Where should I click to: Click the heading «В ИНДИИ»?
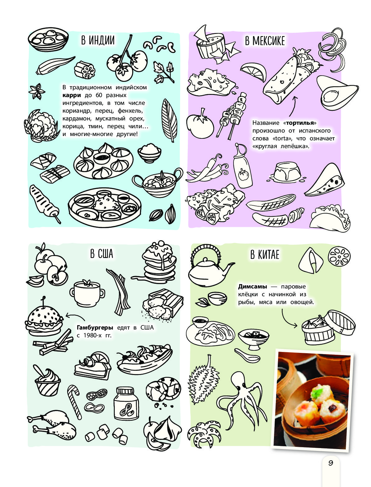(98, 40)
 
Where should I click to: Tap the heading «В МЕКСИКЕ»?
(265, 41)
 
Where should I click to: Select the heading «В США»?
(101, 254)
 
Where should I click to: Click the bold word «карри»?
(72, 95)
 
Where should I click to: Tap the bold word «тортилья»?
(300, 123)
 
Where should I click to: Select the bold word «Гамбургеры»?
(95, 327)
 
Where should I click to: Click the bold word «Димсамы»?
(253, 286)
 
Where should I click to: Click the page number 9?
(331, 463)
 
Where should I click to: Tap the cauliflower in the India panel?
(41, 125)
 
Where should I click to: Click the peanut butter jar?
(126, 404)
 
